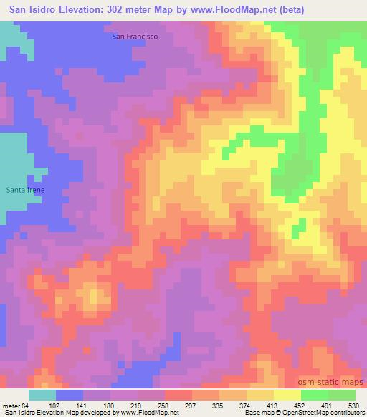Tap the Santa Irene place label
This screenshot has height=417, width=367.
point(26,189)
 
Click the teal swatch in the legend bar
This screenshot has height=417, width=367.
point(42,395)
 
